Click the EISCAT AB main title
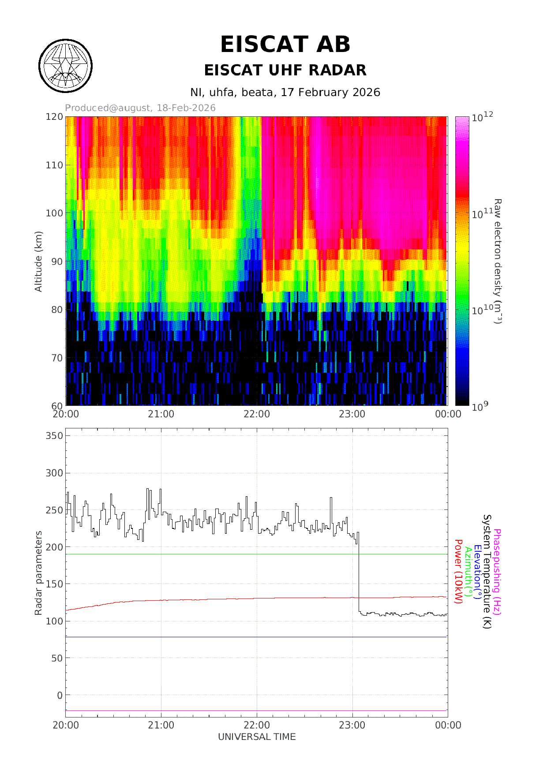[285, 45]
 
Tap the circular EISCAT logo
[65, 66]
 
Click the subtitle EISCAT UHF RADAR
[285, 70]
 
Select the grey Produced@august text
[140, 108]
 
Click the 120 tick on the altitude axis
[54, 117]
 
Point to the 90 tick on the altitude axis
[57, 261]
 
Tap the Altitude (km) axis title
[38, 261]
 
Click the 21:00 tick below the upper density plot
[161, 414]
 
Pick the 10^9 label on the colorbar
[480, 406]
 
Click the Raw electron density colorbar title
[498, 261]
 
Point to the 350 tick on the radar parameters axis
[54, 436]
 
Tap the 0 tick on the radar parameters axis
[60, 695]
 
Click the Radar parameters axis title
[38, 573]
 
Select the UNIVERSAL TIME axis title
[257, 737]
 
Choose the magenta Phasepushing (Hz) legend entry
[497, 572]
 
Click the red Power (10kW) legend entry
[458, 572]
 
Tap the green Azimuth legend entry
[468, 572]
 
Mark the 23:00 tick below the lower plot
[352, 725]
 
